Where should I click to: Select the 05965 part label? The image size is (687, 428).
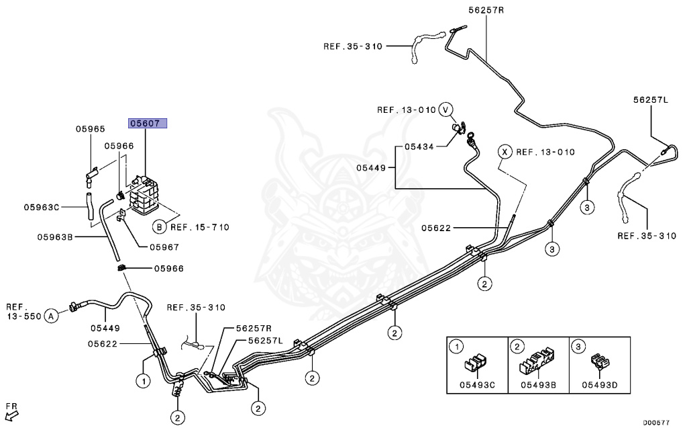90,128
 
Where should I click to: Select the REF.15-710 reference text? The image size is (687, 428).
200,227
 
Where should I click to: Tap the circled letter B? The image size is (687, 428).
160,226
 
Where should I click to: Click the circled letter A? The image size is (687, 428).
52,315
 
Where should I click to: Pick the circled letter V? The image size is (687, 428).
446,110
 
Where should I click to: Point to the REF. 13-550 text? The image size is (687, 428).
22,310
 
